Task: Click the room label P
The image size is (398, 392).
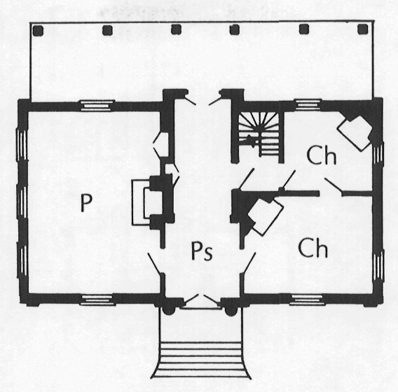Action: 85,202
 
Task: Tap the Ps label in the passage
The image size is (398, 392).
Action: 202,251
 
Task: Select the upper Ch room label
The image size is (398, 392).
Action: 322,155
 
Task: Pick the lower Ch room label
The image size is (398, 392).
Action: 313,248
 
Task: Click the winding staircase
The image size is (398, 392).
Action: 260,134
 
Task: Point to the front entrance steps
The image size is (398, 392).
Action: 200,360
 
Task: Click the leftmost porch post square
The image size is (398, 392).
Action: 38,31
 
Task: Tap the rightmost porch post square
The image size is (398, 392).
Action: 362,29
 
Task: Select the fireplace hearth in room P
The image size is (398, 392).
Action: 141,202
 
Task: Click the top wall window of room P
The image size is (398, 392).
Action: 97,105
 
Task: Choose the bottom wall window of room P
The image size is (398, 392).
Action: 97,300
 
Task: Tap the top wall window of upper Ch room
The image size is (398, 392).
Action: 308,104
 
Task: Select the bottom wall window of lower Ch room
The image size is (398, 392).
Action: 307,300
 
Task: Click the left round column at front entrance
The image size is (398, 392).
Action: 167,311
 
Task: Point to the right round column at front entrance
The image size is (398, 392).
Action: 231,311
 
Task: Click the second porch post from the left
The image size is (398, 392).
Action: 107,30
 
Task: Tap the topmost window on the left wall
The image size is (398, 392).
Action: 22,145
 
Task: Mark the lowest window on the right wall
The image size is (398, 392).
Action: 378,266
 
